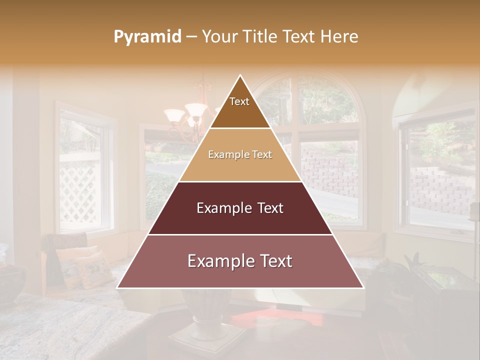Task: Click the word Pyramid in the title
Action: click(x=147, y=36)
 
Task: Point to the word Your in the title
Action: click(x=218, y=36)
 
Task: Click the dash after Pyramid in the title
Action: click(x=191, y=37)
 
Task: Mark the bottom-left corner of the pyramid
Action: click(x=118, y=287)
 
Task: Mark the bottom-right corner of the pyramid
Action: click(x=363, y=287)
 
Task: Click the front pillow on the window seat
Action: click(x=95, y=270)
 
